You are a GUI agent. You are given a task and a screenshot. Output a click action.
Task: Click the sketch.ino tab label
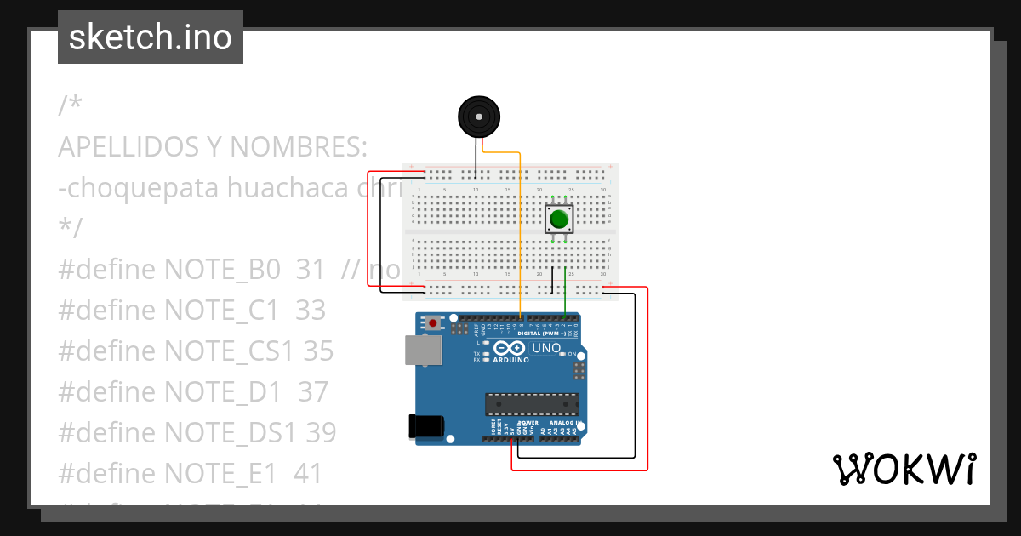(151, 37)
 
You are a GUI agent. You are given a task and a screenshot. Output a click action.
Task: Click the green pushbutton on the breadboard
(559, 220)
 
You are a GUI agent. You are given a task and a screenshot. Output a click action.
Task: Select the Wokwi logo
(904, 469)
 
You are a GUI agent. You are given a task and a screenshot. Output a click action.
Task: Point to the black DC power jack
(427, 426)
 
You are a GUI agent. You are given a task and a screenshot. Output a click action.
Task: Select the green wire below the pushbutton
(566, 289)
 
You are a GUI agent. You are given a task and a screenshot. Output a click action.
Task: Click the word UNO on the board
(546, 348)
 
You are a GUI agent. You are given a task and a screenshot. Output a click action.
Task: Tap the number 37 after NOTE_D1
(312, 392)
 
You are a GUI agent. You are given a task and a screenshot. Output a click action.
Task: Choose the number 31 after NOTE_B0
(311, 270)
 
